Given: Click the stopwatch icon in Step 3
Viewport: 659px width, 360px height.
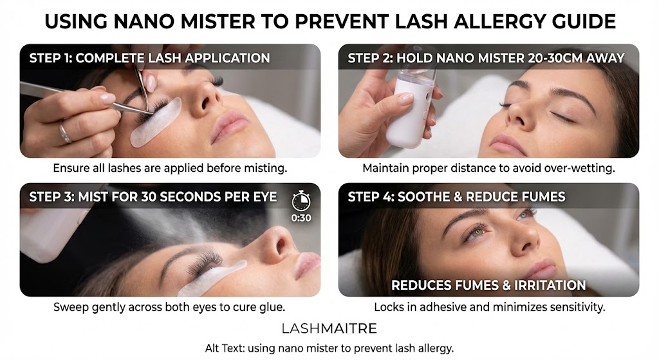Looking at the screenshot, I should click(301, 200).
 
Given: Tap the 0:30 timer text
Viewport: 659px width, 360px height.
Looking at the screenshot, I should click(301, 218).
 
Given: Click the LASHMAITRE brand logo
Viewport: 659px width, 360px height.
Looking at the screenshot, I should click(329, 328).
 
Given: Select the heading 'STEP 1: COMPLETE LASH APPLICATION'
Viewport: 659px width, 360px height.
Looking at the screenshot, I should click(149, 58).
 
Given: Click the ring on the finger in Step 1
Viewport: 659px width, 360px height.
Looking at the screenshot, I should click(64, 133).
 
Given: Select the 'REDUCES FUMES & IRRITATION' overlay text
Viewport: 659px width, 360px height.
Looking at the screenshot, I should click(488, 285).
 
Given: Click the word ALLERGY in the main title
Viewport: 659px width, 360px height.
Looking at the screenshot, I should click(508, 22).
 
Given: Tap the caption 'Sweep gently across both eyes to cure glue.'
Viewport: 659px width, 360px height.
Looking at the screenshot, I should click(170, 307).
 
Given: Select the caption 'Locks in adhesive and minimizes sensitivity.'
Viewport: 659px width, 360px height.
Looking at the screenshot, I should click(489, 307).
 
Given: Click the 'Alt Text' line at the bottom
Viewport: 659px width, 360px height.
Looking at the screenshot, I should click(329, 348).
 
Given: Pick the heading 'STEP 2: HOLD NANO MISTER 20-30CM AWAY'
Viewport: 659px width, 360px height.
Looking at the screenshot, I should click(486, 58).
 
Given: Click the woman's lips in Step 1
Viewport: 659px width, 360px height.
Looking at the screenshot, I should click(229, 124).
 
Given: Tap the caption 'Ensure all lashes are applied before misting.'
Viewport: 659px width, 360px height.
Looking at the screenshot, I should click(170, 169).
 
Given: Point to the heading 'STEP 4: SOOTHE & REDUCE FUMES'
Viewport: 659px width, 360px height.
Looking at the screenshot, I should click(456, 196).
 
